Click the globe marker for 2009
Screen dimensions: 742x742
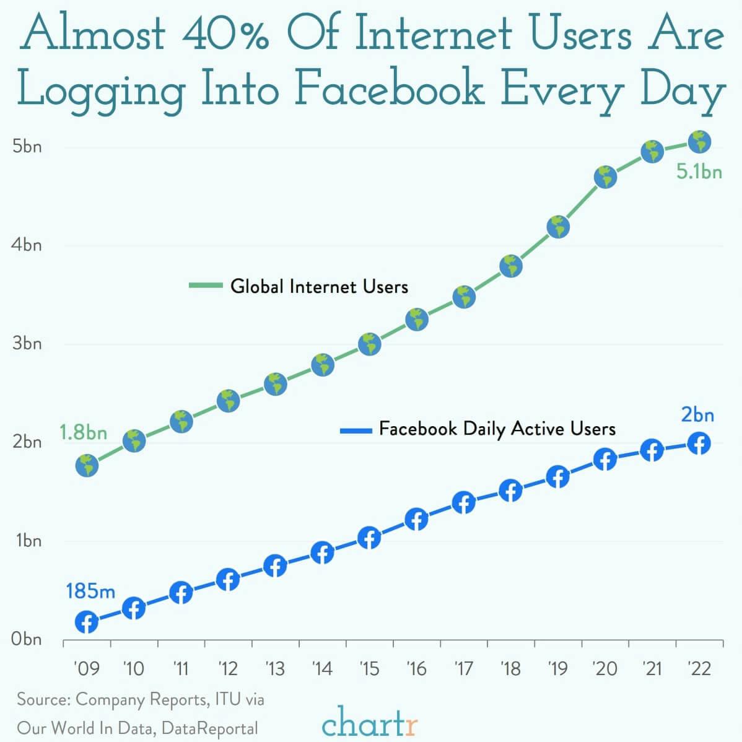(x=87, y=465)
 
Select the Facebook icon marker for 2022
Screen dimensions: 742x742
(x=699, y=443)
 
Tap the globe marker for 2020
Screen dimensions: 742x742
(x=605, y=177)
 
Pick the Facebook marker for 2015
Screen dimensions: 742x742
(x=370, y=538)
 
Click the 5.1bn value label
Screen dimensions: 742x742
(x=699, y=172)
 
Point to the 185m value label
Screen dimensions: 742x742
(x=90, y=591)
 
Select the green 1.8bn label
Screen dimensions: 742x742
(x=83, y=432)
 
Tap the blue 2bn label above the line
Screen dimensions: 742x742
(x=697, y=414)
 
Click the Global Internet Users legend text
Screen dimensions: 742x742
(x=319, y=286)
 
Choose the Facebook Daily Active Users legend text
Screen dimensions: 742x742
(x=497, y=429)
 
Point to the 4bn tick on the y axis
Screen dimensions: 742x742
(x=27, y=245)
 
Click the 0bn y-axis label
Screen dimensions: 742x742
(x=27, y=639)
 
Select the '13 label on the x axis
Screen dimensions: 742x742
(x=275, y=669)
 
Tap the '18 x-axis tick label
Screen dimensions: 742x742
(x=510, y=669)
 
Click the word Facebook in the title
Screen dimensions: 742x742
(x=388, y=89)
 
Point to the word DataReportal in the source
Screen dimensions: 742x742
(x=209, y=728)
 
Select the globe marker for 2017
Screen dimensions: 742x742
(x=464, y=297)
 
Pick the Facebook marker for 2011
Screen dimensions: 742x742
(x=181, y=593)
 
